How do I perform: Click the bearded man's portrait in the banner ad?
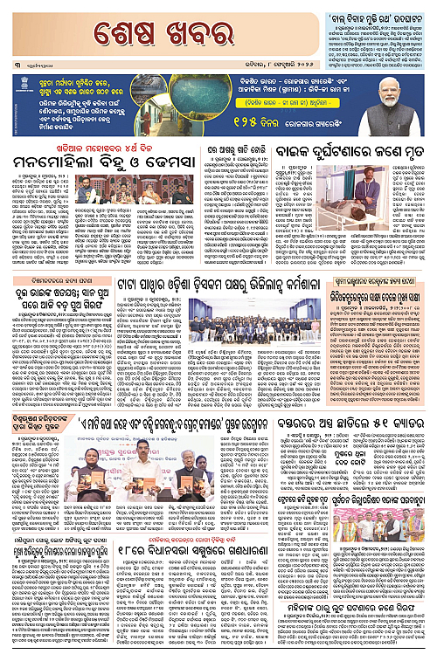point(402,103)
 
